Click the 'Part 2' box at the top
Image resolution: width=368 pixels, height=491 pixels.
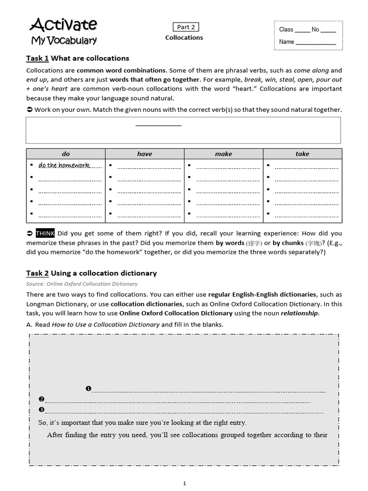pyautogui.click(x=184, y=27)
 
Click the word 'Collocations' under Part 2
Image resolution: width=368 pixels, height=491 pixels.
pyautogui.click(x=184, y=38)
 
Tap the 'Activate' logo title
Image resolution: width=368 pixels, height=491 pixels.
pyautogui.click(x=64, y=24)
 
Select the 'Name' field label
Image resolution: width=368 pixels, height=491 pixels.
pyautogui.click(x=287, y=42)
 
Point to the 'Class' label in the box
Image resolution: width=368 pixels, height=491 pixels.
pyautogui.click(x=286, y=30)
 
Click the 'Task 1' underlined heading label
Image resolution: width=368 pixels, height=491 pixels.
pyautogui.click(x=37, y=58)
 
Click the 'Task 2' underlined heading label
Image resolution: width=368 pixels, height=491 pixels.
pyautogui.click(x=37, y=273)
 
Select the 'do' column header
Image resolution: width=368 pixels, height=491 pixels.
pyautogui.click(x=66, y=154)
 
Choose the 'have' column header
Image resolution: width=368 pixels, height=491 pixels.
pyautogui.click(x=145, y=154)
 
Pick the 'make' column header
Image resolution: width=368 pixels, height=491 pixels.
pyautogui.click(x=223, y=154)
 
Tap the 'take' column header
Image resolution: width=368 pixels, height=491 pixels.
pyautogui.click(x=302, y=154)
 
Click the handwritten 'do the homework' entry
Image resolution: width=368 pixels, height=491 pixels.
pyautogui.click(x=64, y=165)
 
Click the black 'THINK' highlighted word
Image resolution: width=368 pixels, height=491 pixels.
pyautogui.click(x=46, y=234)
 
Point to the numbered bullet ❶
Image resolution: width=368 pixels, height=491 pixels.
pyautogui.click(x=88, y=388)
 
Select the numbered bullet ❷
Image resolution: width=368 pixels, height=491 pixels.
pyautogui.click(x=42, y=399)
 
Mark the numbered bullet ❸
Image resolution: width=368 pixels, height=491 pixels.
pyautogui.click(x=42, y=409)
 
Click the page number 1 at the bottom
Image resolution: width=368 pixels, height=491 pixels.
pyautogui.click(x=184, y=484)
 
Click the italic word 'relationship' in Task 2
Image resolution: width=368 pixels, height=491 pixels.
pyautogui.click(x=299, y=314)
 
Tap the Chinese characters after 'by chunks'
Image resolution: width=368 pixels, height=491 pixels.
pyautogui.click(x=313, y=243)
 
